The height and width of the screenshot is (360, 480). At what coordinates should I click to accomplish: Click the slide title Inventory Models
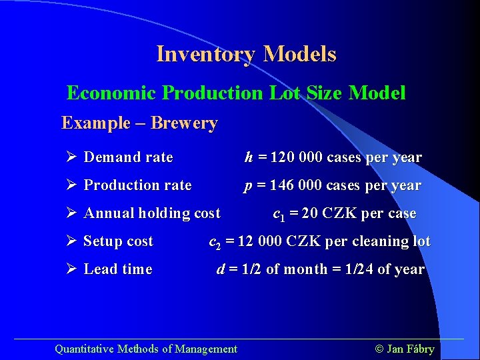246,54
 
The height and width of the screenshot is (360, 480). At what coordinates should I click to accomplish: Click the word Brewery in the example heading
184,123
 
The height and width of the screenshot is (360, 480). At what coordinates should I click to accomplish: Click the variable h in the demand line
249,157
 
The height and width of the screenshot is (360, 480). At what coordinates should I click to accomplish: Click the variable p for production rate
248,186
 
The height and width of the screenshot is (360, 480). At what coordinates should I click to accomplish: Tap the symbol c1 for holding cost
279,215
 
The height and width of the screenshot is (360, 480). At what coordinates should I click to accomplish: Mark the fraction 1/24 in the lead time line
356,269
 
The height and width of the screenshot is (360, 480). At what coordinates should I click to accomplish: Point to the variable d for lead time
221,269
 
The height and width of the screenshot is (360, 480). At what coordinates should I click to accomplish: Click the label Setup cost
118,241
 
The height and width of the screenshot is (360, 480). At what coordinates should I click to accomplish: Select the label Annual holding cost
151,213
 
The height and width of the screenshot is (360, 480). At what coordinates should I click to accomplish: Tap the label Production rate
137,185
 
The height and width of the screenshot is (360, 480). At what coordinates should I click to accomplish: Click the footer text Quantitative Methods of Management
145,349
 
